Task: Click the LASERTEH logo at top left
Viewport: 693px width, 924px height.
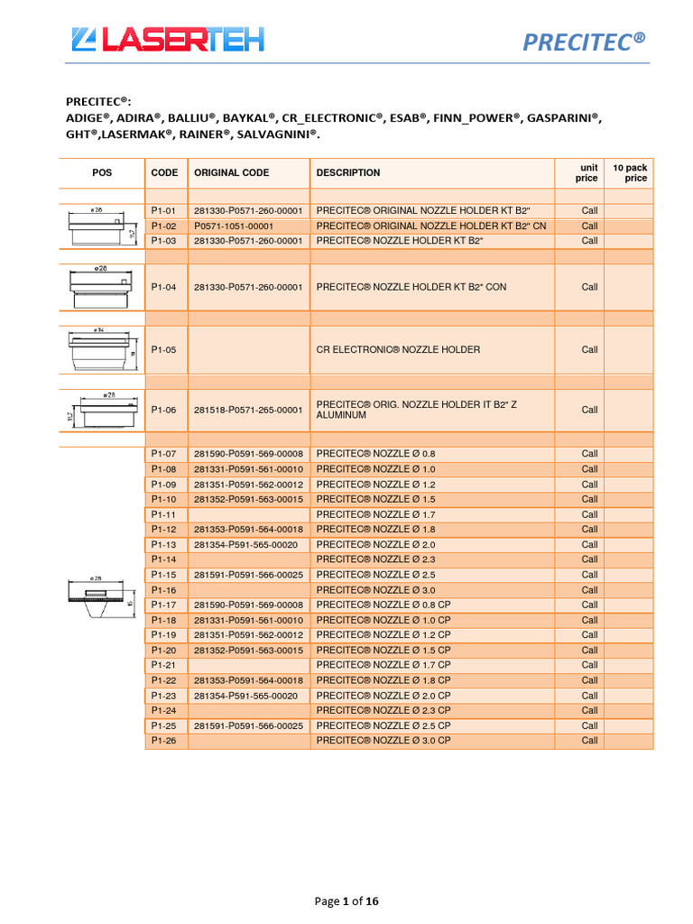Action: coord(167,39)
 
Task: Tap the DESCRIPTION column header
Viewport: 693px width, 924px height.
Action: coord(348,172)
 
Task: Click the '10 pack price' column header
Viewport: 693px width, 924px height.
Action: coord(630,172)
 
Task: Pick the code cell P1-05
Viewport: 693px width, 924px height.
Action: coord(164,349)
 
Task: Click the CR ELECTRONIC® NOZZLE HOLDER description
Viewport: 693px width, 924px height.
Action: coord(398,349)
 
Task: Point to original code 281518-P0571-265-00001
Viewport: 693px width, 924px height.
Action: coord(248,410)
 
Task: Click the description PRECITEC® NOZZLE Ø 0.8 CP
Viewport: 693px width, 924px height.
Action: coord(383,605)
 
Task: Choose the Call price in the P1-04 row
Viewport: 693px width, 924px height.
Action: coord(589,287)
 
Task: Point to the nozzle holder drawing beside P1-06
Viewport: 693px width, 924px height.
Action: coord(101,411)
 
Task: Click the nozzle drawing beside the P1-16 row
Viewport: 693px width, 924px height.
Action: coord(101,596)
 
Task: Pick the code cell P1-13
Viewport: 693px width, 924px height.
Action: coord(164,544)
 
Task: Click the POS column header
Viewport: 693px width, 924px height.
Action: coord(102,172)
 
